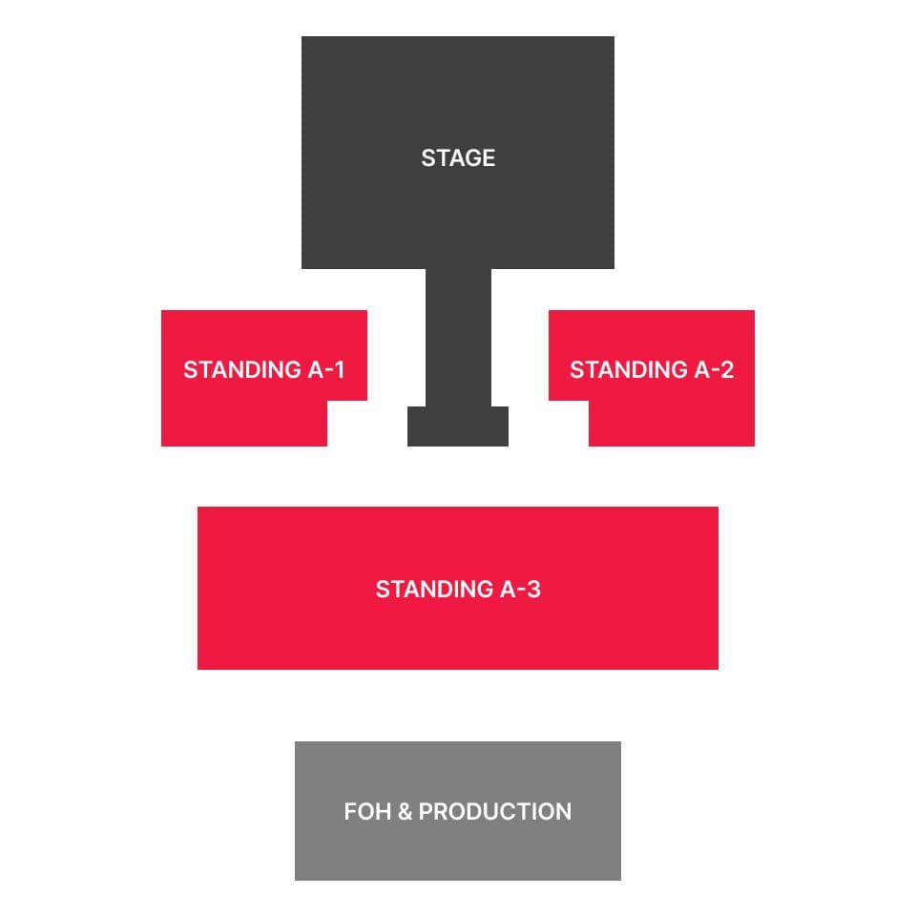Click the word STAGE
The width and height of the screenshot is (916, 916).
[458, 157]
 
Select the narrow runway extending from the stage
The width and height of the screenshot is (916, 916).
[458, 334]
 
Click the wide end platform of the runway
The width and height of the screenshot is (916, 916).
[458, 427]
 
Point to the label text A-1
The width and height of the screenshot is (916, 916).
[326, 369]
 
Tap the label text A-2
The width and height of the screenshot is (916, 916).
[713, 369]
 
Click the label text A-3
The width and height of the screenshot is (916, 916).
[520, 590]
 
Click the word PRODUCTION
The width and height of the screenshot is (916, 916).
[495, 812]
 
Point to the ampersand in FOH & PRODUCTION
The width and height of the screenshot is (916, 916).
[405, 812]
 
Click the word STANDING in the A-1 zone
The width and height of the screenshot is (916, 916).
[242, 369]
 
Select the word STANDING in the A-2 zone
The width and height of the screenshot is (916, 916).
[629, 369]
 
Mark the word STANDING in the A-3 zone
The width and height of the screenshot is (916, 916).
[435, 590]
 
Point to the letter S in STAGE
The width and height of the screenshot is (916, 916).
[427, 157]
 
